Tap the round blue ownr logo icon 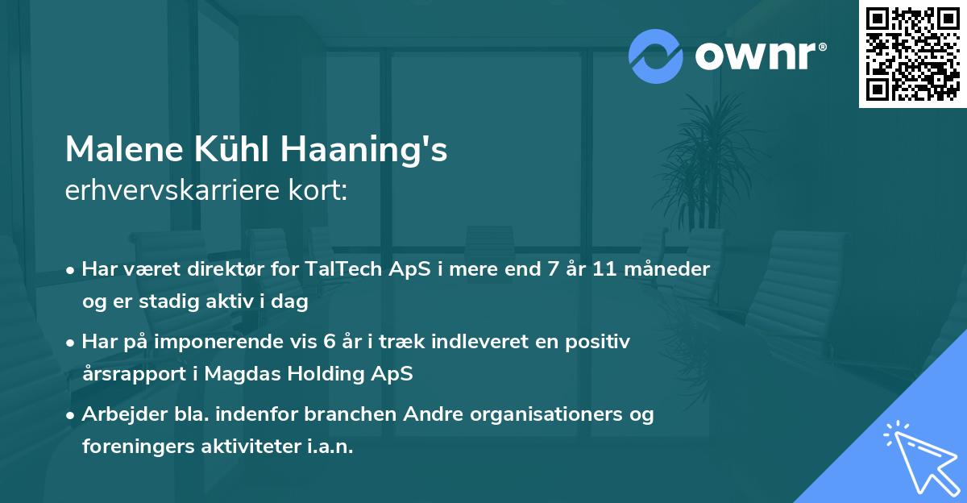tap(656, 56)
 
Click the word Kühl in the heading tap(233, 150)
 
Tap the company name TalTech tap(340, 269)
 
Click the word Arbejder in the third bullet tap(119, 414)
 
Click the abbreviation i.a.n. tap(329, 447)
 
